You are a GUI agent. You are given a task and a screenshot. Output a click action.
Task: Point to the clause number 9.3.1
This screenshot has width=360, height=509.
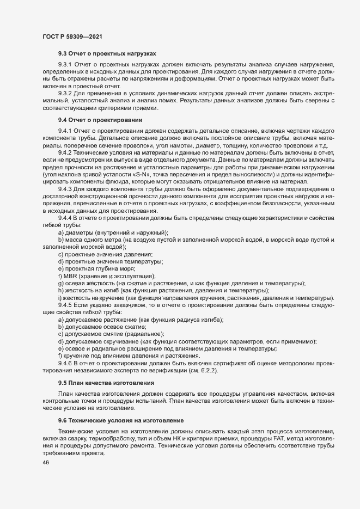tap(65, 64)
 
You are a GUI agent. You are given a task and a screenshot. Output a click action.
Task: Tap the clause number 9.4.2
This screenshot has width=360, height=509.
tap(65, 153)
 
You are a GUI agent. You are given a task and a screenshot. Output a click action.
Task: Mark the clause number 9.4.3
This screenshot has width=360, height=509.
tap(65, 189)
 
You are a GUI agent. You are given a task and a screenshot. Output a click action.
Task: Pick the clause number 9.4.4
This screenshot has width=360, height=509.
tap(65, 218)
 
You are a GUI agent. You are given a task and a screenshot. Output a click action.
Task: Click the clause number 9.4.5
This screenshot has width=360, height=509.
tap(65, 305)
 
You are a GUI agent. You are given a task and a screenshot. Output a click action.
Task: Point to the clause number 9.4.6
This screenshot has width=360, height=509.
tap(65, 363)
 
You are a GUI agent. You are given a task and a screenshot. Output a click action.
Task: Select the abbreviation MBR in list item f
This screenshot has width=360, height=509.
tap(71, 275)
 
